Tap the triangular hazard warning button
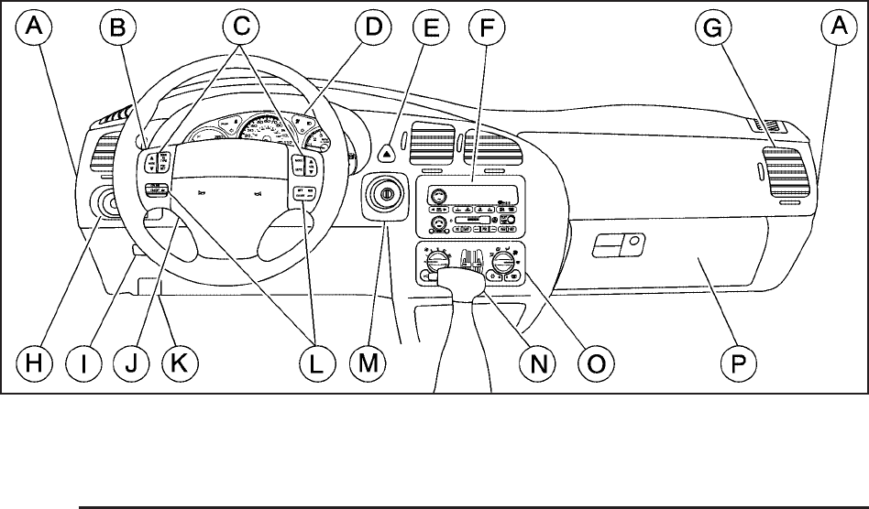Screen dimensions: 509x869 [x=390, y=145]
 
